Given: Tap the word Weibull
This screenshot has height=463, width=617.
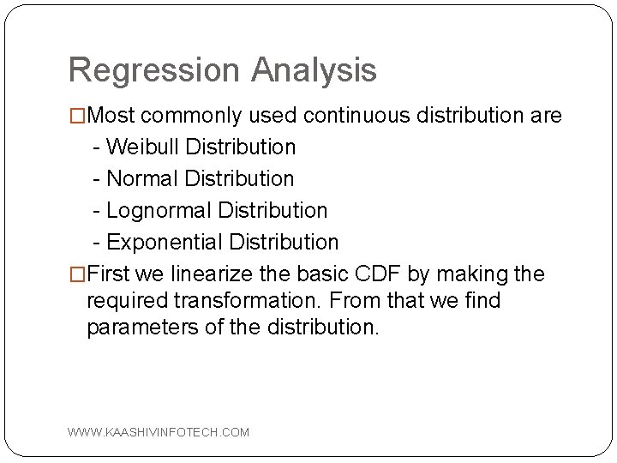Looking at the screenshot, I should pos(141,147).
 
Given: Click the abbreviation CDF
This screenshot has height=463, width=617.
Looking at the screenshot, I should pos(370,274).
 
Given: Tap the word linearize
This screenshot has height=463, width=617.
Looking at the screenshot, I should pos(225,274).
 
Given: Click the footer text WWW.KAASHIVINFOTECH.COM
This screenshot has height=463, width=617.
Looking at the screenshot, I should pos(159,432).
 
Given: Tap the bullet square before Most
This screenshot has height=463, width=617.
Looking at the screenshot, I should pos(77,115).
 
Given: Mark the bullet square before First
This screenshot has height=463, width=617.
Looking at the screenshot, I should pos(77,274).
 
